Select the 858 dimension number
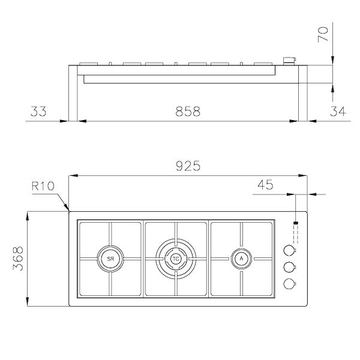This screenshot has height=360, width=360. [188, 111]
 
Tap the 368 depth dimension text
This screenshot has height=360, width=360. [17, 259]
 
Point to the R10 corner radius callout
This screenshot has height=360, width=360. [43, 186]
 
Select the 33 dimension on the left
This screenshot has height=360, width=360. [38, 111]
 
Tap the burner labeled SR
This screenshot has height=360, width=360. [110, 259]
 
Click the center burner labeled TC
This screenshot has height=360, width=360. [176, 259]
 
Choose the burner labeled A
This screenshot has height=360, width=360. [241, 259]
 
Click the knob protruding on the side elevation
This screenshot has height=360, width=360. [290, 60]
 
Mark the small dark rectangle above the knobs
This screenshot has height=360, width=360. [295, 225]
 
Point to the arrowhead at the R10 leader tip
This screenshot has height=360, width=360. [68, 209]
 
